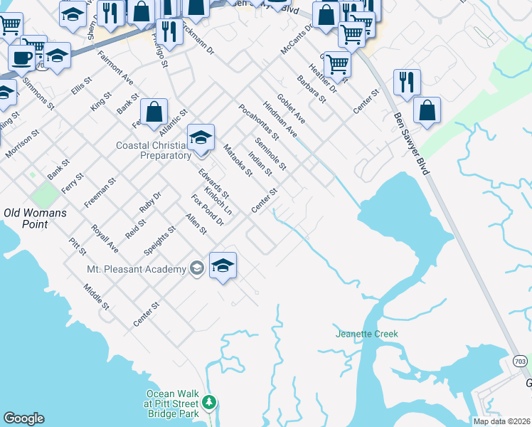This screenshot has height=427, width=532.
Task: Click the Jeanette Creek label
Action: click(x=367, y=334)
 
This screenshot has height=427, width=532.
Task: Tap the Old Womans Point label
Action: click(x=36, y=218)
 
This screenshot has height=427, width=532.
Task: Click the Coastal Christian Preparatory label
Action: click(x=154, y=150)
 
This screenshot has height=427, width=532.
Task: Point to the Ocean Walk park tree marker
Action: click(x=209, y=404)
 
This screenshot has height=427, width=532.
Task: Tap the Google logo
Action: click(x=24, y=418)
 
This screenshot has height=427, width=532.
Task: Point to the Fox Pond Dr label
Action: click(x=208, y=211)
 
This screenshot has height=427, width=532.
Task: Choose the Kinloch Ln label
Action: click(x=218, y=201)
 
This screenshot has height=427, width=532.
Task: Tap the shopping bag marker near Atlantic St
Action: click(x=154, y=112)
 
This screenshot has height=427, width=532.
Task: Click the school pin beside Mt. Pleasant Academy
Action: click(x=223, y=266)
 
